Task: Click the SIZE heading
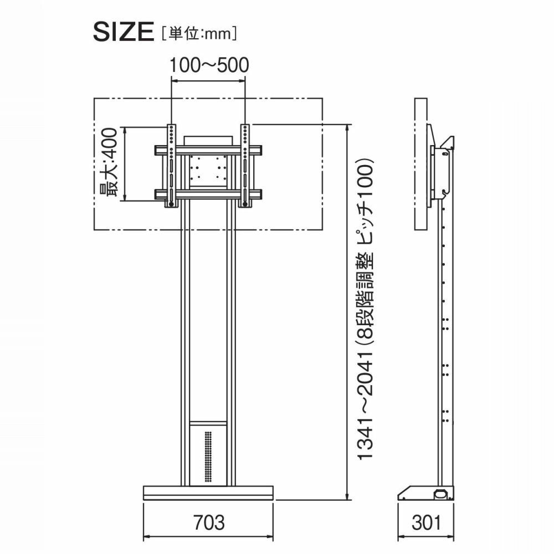click(x=124, y=32)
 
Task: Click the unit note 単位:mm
click(x=199, y=34)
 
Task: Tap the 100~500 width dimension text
click(x=209, y=65)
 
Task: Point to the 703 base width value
click(x=209, y=522)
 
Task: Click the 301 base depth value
click(x=427, y=522)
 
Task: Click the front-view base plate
click(x=208, y=493)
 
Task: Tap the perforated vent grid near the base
click(x=208, y=457)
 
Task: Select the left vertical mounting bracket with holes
click(x=171, y=165)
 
